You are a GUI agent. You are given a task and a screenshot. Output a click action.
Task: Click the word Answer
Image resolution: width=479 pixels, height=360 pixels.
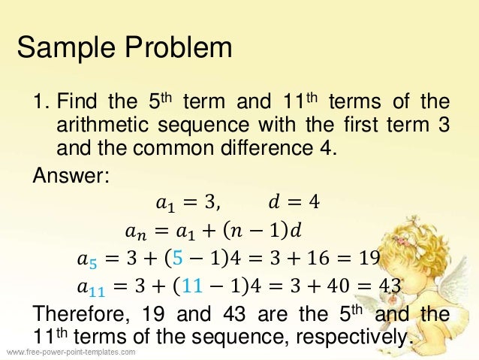coord(71,177)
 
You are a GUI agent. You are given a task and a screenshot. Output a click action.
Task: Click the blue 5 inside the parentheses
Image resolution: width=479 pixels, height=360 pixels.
coord(177,259)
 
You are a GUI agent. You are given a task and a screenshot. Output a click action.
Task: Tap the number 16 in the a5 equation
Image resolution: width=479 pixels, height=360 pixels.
coord(315,259)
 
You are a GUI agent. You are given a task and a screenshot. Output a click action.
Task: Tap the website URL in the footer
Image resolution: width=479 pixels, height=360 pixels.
coord(71,352)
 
